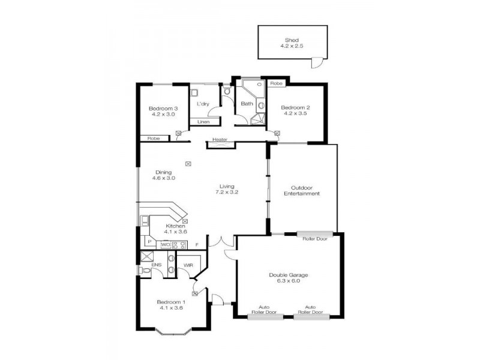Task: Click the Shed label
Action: point(292,40)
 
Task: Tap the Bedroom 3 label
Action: point(163,108)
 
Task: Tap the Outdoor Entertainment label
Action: point(305,190)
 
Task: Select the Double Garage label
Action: point(289,275)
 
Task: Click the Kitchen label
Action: point(175,226)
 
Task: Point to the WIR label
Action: point(188,265)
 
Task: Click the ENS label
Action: point(155,265)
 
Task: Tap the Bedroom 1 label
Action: point(171,302)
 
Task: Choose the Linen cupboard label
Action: point(203,122)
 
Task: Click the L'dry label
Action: point(203,104)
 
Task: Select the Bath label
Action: point(247,104)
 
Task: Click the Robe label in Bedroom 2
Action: point(276,83)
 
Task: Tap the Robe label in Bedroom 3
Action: point(154,138)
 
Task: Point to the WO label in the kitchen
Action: point(165,244)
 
